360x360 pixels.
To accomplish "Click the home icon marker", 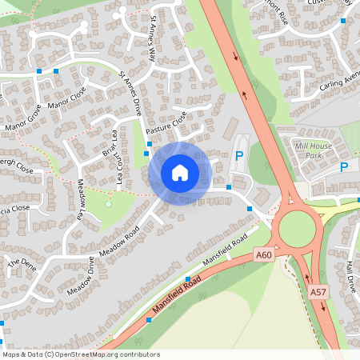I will (x=180, y=173).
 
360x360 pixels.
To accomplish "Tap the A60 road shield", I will (x=264, y=254).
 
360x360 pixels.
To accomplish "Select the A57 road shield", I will (x=317, y=293).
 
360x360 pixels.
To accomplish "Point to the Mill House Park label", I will (x=313, y=150).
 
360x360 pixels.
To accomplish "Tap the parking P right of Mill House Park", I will (x=344, y=167).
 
